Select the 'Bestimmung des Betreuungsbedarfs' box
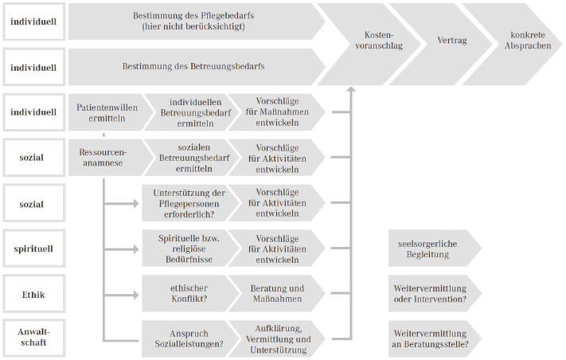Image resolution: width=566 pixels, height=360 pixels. pos(194,67)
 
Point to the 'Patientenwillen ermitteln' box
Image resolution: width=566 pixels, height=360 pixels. pos(107,112)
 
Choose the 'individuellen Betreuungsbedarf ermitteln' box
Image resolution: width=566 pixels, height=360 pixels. pos(188,112)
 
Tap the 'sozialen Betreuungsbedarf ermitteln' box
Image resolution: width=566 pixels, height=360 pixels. pos(188,158)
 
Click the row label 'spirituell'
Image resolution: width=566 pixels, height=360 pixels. pos(33,248)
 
